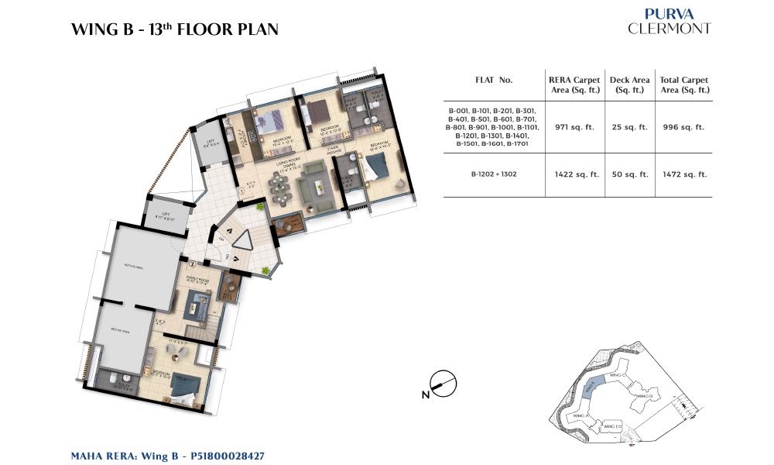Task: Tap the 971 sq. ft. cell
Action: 574,127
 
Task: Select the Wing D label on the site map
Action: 645,396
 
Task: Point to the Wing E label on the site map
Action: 613,426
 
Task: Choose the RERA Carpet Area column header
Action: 574,85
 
